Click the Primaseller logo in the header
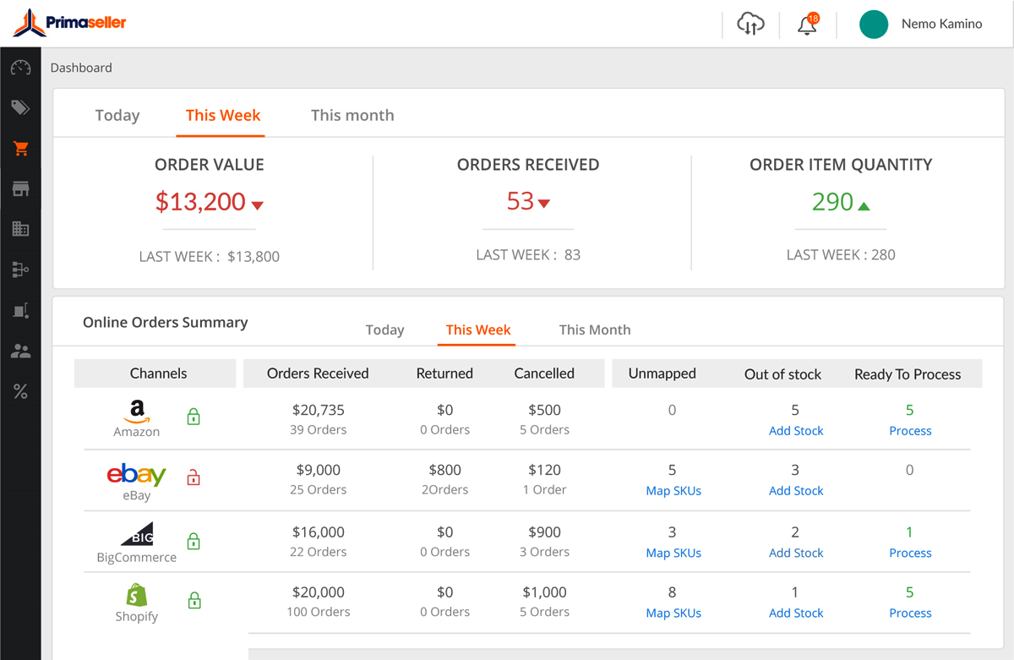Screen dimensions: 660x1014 point(69,24)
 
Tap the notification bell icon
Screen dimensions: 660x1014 point(807,25)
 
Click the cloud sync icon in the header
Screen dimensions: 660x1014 point(750,25)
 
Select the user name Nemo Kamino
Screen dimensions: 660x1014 point(941,24)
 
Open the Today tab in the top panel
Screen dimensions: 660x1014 point(117,116)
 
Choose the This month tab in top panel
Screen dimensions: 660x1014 point(352,116)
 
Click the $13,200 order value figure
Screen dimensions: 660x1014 point(201,202)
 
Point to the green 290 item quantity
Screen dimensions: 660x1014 point(833,202)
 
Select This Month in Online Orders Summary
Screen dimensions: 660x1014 point(595,330)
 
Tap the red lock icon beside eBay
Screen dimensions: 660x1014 point(194,477)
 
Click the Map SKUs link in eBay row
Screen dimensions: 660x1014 point(673,491)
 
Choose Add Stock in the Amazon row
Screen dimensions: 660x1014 point(796,431)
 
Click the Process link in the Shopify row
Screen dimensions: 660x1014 point(910,614)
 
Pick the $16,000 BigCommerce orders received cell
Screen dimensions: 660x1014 point(319,532)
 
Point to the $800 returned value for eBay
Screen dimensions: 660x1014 point(444,471)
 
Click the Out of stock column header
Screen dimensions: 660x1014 point(782,374)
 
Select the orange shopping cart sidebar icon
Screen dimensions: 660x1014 point(21,149)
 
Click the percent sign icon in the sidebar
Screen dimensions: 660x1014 point(21,391)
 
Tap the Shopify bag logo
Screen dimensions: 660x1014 point(136,595)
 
